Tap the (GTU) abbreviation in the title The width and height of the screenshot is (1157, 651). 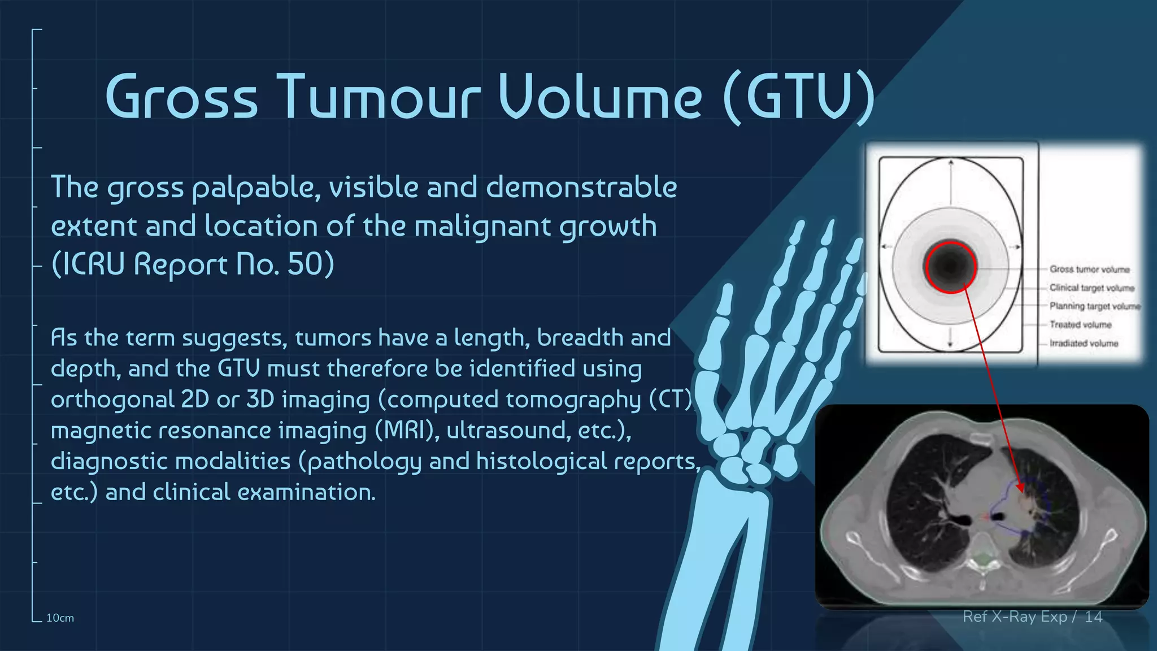(x=798, y=97)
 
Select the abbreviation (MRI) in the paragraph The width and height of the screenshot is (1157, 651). (x=407, y=431)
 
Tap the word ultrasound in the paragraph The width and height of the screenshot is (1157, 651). (x=506, y=431)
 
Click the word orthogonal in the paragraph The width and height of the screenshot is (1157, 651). (x=112, y=400)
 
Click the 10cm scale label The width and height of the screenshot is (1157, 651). (x=60, y=618)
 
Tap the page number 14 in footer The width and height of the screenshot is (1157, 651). (x=1093, y=617)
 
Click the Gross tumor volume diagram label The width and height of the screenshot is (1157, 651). (x=1089, y=270)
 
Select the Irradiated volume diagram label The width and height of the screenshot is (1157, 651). (x=1084, y=344)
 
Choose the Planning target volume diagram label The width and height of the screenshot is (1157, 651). (x=1094, y=306)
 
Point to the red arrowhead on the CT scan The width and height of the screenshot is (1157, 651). (x=1020, y=487)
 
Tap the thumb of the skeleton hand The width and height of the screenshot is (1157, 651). (x=724, y=316)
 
